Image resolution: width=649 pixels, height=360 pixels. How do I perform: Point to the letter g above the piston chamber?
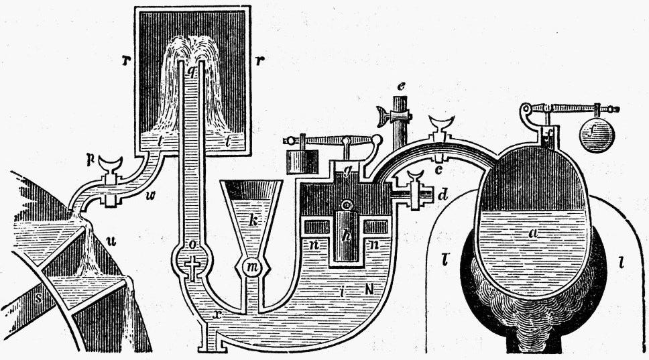tap(348, 170)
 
